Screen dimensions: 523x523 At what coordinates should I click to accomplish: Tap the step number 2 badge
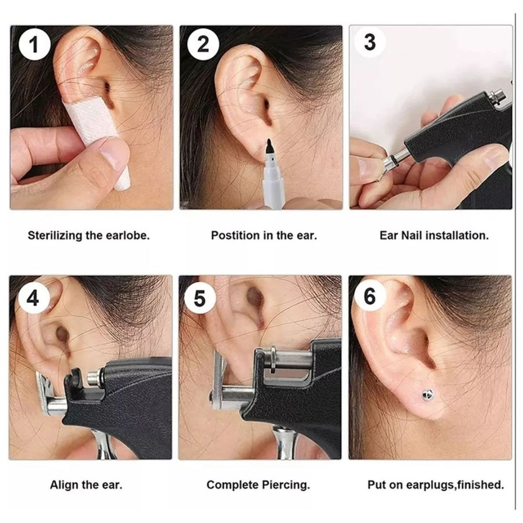pos(203,44)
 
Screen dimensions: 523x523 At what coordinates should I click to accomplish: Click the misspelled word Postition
pos(235,236)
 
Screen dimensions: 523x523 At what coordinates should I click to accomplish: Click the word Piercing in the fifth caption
pos(287,485)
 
